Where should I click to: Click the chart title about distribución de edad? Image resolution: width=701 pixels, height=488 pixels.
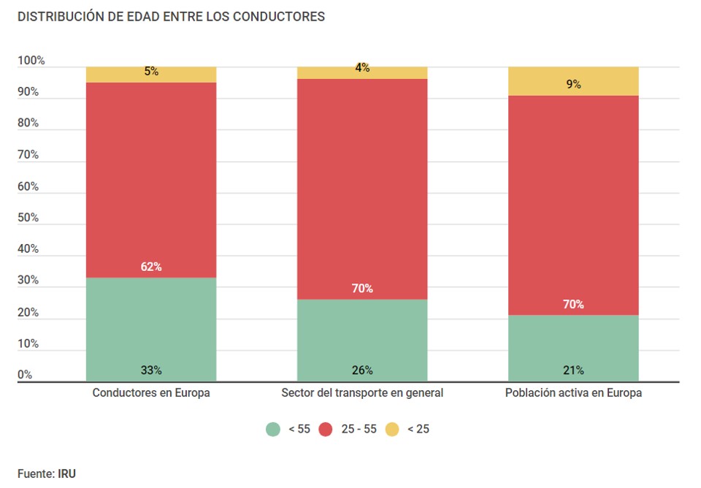coord(171,16)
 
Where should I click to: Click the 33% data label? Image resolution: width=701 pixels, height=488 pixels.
coord(151,370)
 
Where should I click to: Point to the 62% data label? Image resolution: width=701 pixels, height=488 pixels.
coord(151,267)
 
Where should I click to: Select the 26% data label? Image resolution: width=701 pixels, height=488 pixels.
coord(362,370)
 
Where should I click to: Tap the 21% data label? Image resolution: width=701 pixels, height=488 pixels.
coord(573,370)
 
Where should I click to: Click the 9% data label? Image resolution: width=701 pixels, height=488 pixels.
coord(573,84)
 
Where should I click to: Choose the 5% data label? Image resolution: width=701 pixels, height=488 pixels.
coord(151,72)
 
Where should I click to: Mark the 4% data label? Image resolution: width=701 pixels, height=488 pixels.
coord(362,68)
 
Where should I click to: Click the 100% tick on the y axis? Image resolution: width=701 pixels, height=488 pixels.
coord(31,61)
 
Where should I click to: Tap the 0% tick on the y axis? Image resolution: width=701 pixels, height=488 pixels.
coord(25,375)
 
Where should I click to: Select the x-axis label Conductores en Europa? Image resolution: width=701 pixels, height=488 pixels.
coord(151,393)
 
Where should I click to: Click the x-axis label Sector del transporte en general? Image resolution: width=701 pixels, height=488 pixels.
coord(362,393)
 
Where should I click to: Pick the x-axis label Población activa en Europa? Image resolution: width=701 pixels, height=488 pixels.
coord(573,393)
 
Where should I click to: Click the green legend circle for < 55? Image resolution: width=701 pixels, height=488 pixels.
coord(273,429)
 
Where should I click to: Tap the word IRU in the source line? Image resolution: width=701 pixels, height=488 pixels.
coord(66,473)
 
